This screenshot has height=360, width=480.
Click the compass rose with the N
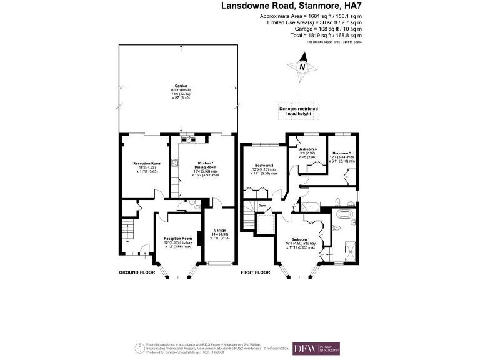[x=302, y=67]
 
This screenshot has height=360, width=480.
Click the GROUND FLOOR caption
[x=137, y=273]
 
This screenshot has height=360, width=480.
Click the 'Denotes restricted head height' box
[x=298, y=111]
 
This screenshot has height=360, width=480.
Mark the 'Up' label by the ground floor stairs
[x=127, y=241]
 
